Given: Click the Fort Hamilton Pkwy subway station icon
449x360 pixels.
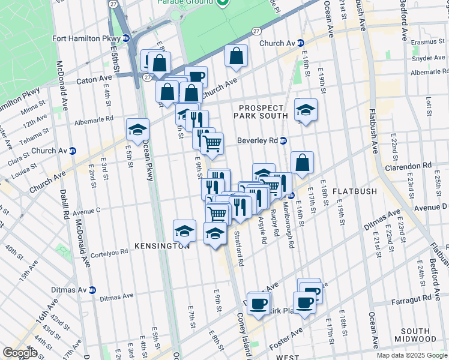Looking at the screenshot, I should coord(126,38).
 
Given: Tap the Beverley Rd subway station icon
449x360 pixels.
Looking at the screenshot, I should coord(283,141).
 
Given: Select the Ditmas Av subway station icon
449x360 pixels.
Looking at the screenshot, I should coord(92,290).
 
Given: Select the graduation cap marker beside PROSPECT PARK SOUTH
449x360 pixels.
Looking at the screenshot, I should coord(306,110).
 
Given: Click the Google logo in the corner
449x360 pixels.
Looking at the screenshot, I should coord(20,353).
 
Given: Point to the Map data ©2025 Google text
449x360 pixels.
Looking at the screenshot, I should coord(411,355).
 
